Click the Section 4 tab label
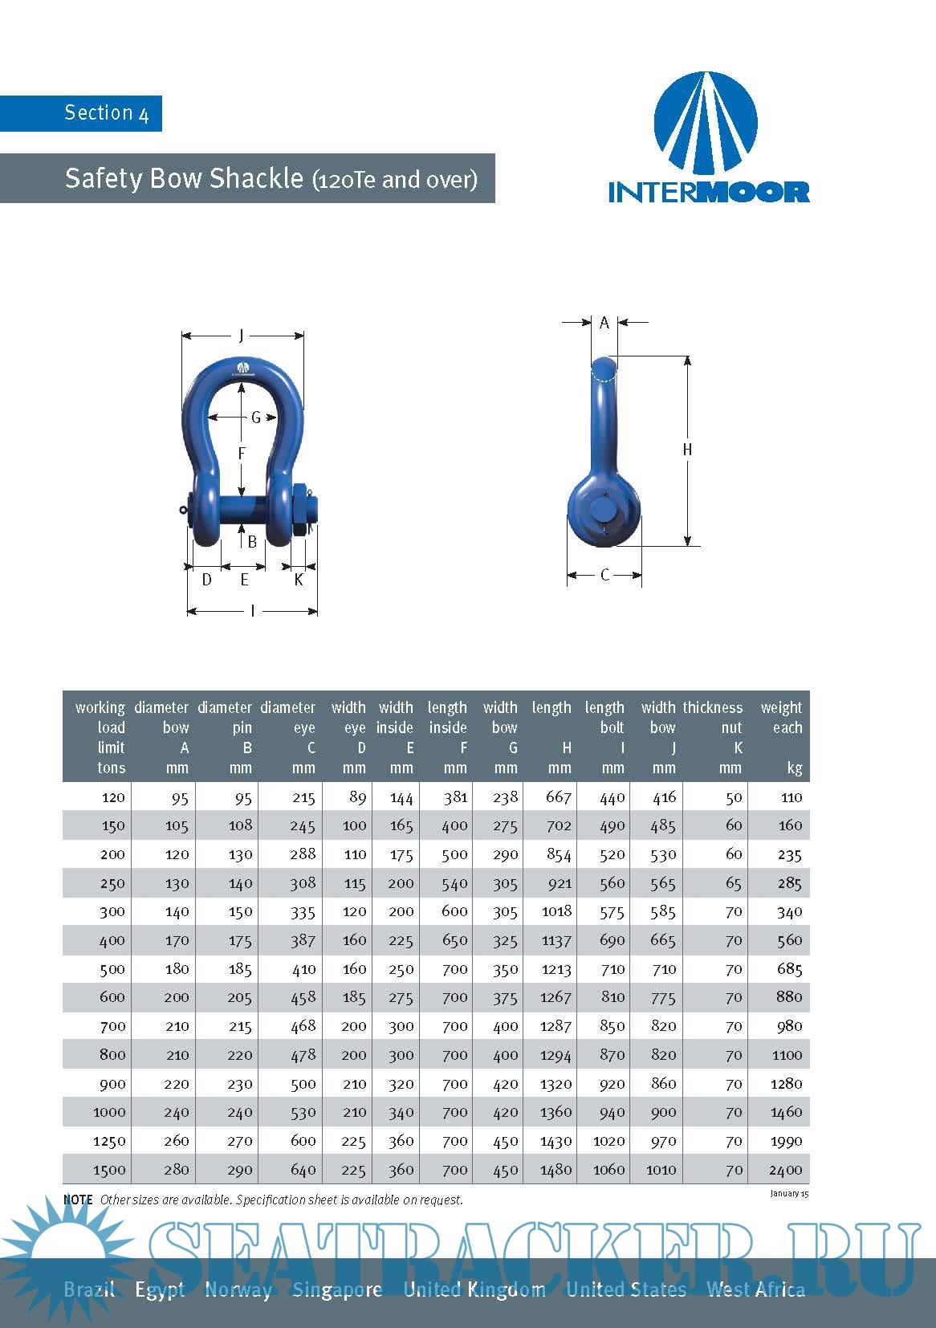click(x=106, y=112)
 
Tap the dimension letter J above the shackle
click(x=242, y=336)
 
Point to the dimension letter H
click(x=687, y=450)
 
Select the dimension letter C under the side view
click(x=604, y=575)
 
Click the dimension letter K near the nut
click(x=299, y=579)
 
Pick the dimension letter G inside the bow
click(x=256, y=418)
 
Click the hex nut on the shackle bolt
click(x=301, y=511)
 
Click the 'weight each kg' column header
click(x=782, y=737)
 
